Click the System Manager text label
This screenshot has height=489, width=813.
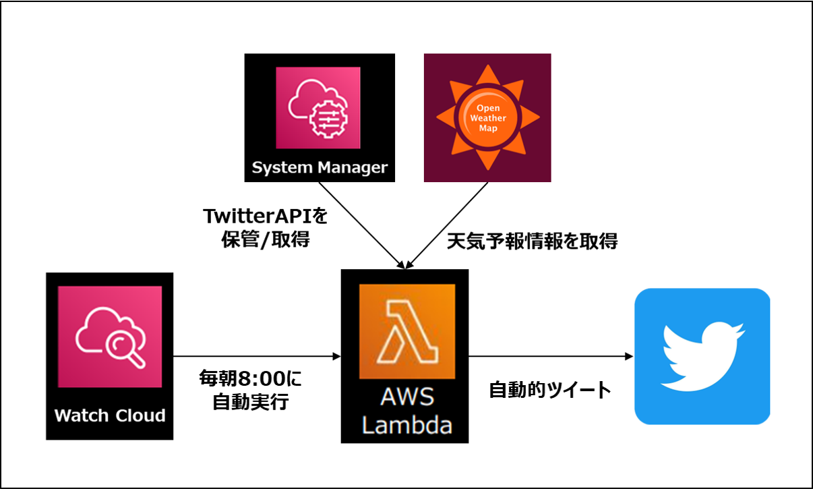tap(320, 167)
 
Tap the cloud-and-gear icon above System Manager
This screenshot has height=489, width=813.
tap(318, 107)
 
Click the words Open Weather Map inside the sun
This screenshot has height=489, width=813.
tap(487, 117)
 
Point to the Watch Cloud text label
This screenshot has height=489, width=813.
tap(110, 415)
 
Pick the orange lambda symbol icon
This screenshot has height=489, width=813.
tap(406, 331)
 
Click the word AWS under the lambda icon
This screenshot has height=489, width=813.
tap(406, 398)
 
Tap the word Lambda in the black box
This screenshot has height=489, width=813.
tap(406, 425)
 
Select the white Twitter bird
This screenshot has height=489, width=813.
tap(702, 356)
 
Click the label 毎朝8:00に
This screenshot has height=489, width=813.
tap(251, 378)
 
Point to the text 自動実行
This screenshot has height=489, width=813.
tap(251, 403)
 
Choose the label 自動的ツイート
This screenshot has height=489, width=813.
tap(549, 390)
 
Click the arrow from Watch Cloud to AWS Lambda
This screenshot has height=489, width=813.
tap(257, 356)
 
